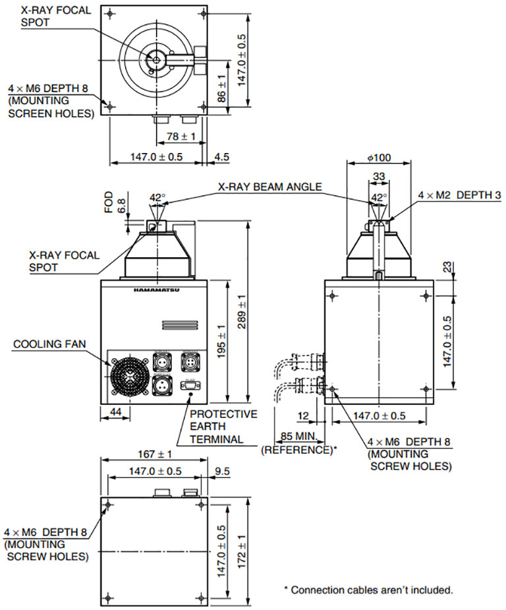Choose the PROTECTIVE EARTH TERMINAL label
[223, 426]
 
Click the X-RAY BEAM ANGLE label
[270, 187]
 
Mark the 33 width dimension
[379, 177]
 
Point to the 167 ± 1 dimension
[156, 454]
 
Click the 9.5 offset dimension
[221, 472]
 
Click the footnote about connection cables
[368, 589]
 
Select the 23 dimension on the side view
[447, 267]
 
